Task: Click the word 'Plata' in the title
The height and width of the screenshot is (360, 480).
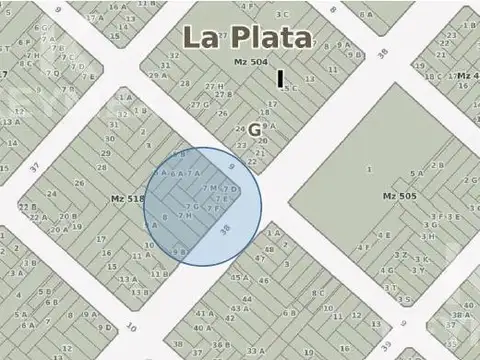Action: pyautogui.click(x=271, y=38)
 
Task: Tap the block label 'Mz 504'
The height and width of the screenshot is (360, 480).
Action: pyautogui.click(x=251, y=63)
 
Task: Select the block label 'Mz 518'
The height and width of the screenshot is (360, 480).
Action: pyautogui.click(x=128, y=199)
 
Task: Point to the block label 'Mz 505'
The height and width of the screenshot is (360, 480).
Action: pyautogui.click(x=398, y=195)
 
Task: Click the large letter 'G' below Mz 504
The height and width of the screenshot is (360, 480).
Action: pyautogui.click(x=255, y=129)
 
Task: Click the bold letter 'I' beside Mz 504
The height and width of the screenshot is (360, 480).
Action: pyautogui.click(x=281, y=77)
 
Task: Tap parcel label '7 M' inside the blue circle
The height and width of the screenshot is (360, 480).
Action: pyautogui.click(x=209, y=188)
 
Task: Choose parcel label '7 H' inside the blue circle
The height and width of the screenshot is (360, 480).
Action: pyautogui.click(x=184, y=215)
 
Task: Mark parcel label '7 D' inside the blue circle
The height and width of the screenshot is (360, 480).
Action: pyautogui.click(x=229, y=190)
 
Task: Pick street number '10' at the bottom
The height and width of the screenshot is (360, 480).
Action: pyautogui.click(x=131, y=326)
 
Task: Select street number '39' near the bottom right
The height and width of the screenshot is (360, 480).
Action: pyautogui.click(x=403, y=323)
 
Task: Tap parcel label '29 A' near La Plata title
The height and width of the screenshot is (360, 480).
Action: pyautogui.click(x=157, y=75)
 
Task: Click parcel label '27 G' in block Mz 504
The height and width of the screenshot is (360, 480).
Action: pyautogui.click(x=200, y=104)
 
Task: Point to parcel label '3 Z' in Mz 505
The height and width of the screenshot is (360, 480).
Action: pyautogui.click(x=400, y=254)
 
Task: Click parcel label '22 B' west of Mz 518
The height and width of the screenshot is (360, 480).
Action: pyautogui.click(x=26, y=207)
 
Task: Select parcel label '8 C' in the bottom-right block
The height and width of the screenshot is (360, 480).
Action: pyautogui.click(x=317, y=293)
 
